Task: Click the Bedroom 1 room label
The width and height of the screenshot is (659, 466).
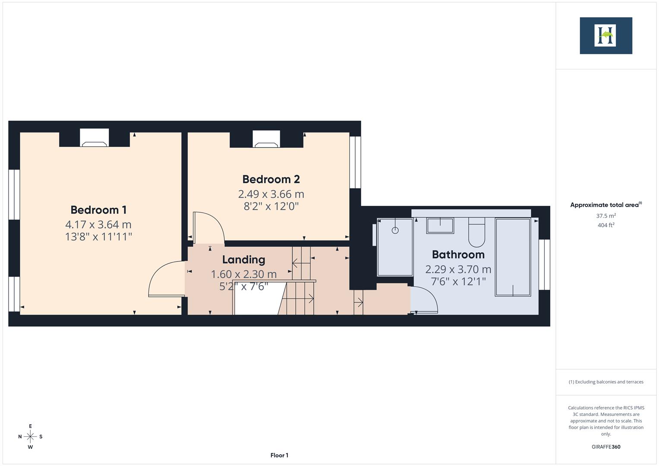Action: pos(98,210)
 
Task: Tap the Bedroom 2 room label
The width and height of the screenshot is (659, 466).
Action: pos(271,179)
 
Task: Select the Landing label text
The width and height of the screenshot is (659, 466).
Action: pos(243,259)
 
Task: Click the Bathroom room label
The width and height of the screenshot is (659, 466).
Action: pos(458,254)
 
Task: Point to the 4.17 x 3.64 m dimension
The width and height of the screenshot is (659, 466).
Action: pos(98,224)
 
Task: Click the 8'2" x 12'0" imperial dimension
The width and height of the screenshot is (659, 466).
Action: pos(271,206)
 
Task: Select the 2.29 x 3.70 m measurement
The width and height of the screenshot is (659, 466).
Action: pos(458,269)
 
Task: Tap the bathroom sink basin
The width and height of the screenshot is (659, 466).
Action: pos(440,225)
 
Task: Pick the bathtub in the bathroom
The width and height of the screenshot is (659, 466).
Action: pos(513,257)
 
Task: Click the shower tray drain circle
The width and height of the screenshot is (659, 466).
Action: pos(395,230)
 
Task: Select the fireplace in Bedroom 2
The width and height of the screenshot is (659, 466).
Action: pos(266,140)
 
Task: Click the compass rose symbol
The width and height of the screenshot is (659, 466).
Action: pos(30,436)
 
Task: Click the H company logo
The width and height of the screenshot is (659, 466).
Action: pos(605,35)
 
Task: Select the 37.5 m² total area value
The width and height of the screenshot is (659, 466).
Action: pos(605,216)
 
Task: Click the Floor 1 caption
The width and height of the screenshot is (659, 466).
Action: pos(279,455)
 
